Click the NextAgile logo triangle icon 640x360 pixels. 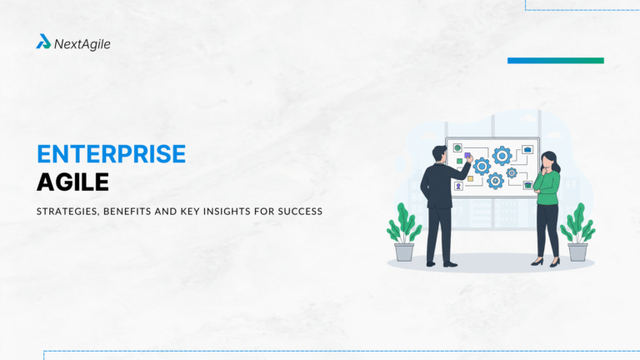[43, 42]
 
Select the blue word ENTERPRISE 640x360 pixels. [111, 155]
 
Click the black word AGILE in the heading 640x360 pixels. [73, 182]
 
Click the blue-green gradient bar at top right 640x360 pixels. [555, 61]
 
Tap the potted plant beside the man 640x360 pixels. [404, 237]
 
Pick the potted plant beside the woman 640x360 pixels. [577, 237]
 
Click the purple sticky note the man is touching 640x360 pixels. [468, 156]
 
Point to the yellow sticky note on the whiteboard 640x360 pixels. [470, 178]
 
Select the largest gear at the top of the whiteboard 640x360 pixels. [502, 155]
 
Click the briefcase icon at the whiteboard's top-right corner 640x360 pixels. [527, 149]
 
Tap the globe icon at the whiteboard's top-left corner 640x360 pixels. [457, 148]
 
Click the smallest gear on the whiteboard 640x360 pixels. [512, 172]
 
